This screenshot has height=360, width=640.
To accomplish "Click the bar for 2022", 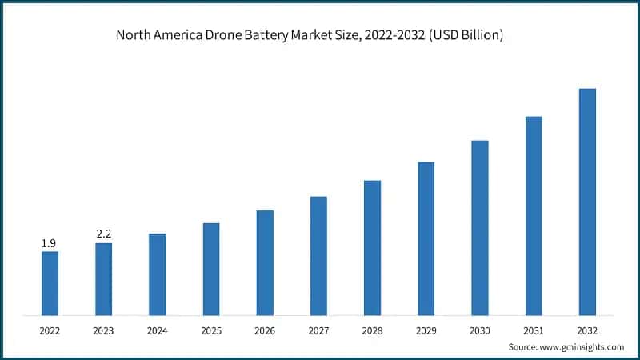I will pos(50,282).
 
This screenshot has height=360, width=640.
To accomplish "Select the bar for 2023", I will pos(103,278).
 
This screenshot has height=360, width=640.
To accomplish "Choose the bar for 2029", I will pos(426,238).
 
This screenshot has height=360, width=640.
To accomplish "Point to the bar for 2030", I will pos(479,227).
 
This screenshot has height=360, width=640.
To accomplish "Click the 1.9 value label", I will pos(50,242).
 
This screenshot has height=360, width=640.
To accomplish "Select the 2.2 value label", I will pos(103,234).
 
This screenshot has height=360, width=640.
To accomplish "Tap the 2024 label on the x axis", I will pos(157,330).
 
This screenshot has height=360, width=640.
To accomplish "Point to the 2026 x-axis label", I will pos(265,330).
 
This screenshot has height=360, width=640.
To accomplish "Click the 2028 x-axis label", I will pos(372,330).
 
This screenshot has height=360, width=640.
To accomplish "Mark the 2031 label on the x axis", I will pos(534,330).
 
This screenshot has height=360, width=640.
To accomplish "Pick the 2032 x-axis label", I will pos(587,330).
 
